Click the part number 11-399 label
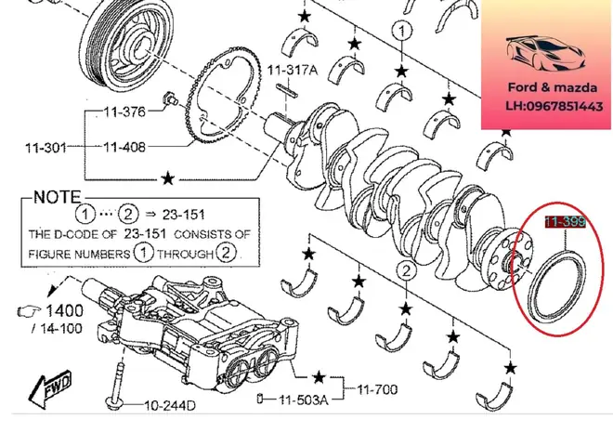565,222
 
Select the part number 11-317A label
293,70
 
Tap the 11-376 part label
124,112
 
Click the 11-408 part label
124,147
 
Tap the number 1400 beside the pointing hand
64,310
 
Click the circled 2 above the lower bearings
405,271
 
